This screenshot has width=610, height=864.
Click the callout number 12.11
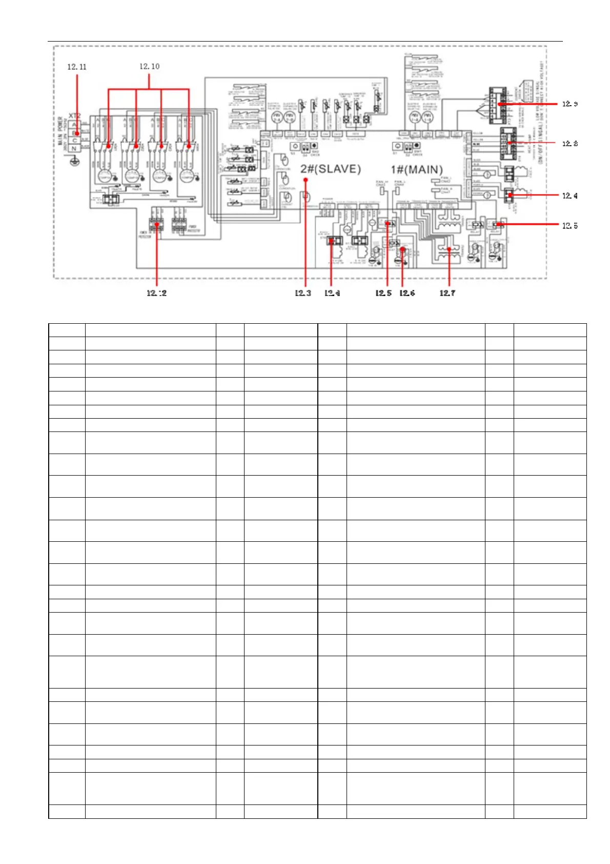click(77, 67)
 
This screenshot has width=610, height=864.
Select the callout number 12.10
click(149, 66)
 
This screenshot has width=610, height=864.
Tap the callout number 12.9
click(570, 104)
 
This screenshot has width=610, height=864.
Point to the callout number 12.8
click(570, 144)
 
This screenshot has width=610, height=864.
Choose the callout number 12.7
click(447, 293)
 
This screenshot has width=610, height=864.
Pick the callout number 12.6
click(407, 293)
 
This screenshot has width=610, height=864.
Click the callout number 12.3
click(303, 293)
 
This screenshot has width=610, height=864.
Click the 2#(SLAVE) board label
click(331, 169)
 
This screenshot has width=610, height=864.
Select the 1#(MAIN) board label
click(417, 169)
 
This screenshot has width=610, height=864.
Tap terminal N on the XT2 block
click(75, 148)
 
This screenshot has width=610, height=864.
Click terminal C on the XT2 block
click(75, 141)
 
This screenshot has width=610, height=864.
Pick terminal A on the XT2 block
click(75, 125)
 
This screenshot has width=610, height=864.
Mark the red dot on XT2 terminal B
click(77, 133)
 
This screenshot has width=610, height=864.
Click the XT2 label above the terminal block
click(75, 116)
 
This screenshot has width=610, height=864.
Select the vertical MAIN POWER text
click(60, 130)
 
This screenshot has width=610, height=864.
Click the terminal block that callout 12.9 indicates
click(497, 105)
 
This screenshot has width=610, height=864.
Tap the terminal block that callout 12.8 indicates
click(509, 142)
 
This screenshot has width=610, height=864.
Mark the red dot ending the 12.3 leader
click(306, 180)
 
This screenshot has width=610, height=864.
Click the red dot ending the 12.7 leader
click(449, 249)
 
